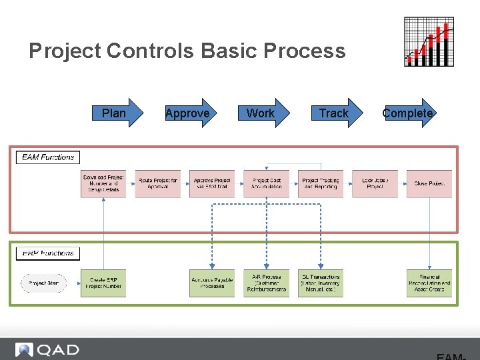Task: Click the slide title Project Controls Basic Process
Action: coord(187,51)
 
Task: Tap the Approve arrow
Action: coord(189,113)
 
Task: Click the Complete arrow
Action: coord(409,113)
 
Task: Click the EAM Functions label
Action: coord(48,157)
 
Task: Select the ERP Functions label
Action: coord(48,253)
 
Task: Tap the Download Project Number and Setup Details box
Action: coord(103,183)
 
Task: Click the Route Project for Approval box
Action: coord(158,183)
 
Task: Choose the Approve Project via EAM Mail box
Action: coord(212,183)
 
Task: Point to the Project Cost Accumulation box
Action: coord(267,183)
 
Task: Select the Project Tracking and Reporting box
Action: coord(321,183)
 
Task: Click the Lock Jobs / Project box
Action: coord(375,183)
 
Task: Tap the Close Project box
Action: coord(429,183)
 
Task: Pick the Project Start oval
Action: coord(44,283)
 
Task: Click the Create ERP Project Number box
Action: coord(103,283)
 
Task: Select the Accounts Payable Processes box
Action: coord(212,283)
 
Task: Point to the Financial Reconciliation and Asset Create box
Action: coord(429,283)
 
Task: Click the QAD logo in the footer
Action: coord(48,349)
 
